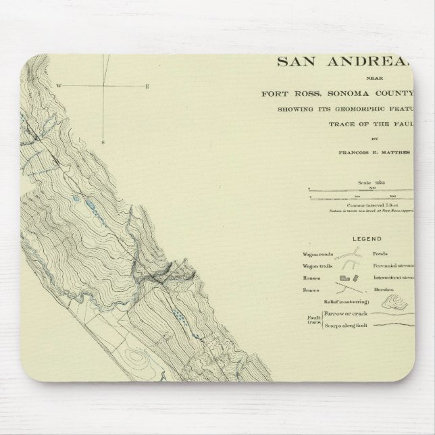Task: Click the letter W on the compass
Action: point(59,86)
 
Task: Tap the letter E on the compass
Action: point(147,86)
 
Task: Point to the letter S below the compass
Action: point(103,143)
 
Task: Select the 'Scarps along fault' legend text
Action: point(340,326)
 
